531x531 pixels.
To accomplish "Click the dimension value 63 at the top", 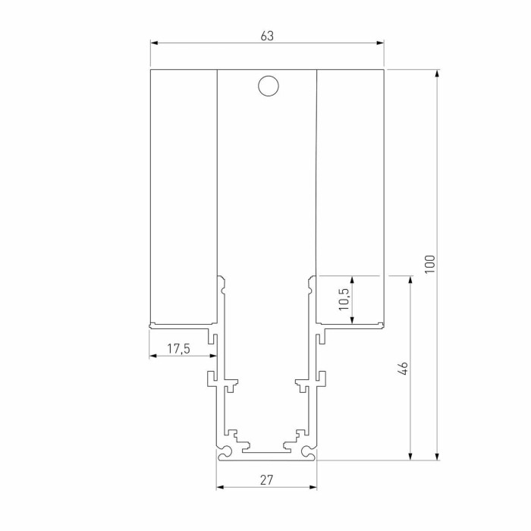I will point(266,36).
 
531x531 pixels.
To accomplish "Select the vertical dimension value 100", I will point(429,264).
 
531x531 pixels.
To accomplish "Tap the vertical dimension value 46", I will point(403,369).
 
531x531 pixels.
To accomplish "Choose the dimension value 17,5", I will point(178,348).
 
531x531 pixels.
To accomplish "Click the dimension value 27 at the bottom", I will point(266,479).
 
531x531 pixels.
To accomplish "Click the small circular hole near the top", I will point(267,86).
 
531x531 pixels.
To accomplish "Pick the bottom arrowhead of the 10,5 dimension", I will point(353,323).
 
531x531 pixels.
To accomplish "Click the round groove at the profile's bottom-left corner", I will point(225,453).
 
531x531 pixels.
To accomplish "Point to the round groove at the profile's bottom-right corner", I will point(307,453).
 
